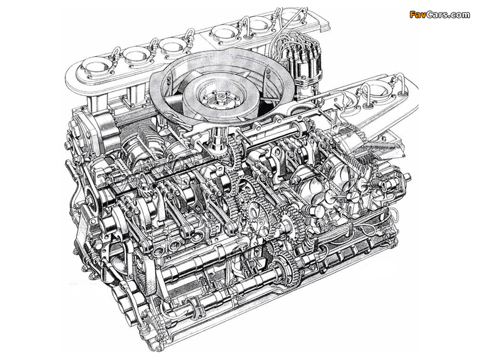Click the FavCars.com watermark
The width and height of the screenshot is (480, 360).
coord(439,14)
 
